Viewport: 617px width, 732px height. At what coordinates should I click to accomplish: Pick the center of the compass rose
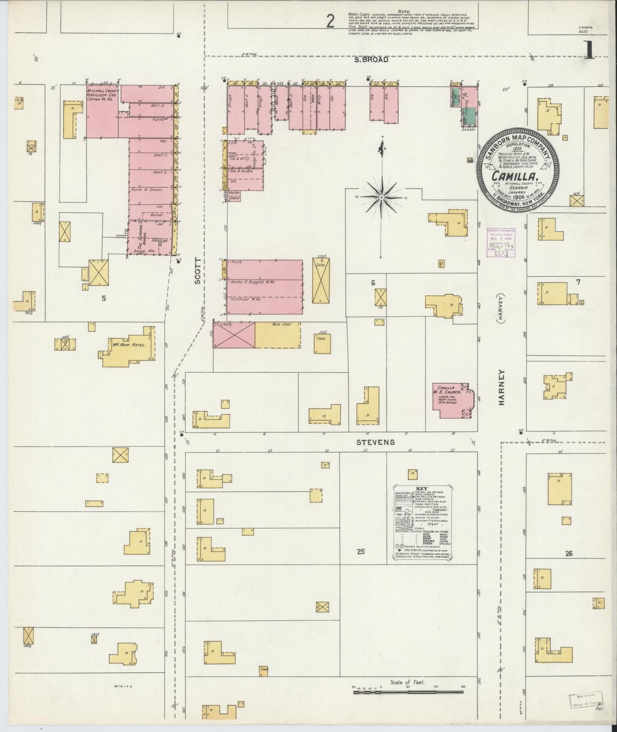click(x=381, y=197)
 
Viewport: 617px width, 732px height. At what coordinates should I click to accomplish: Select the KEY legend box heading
click(x=421, y=488)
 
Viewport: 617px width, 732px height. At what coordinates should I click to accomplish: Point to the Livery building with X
click(x=234, y=335)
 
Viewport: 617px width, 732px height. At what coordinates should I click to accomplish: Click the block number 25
click(x=361, y=551)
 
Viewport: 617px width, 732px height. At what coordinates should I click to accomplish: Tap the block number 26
click(x=568, y=553)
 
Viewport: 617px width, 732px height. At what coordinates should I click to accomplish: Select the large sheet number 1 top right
click(x=589, y=51)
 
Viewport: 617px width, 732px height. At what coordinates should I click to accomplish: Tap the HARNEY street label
click(x=501, y=387)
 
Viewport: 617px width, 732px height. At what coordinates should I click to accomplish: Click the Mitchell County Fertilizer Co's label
click(x=102, y=95)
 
